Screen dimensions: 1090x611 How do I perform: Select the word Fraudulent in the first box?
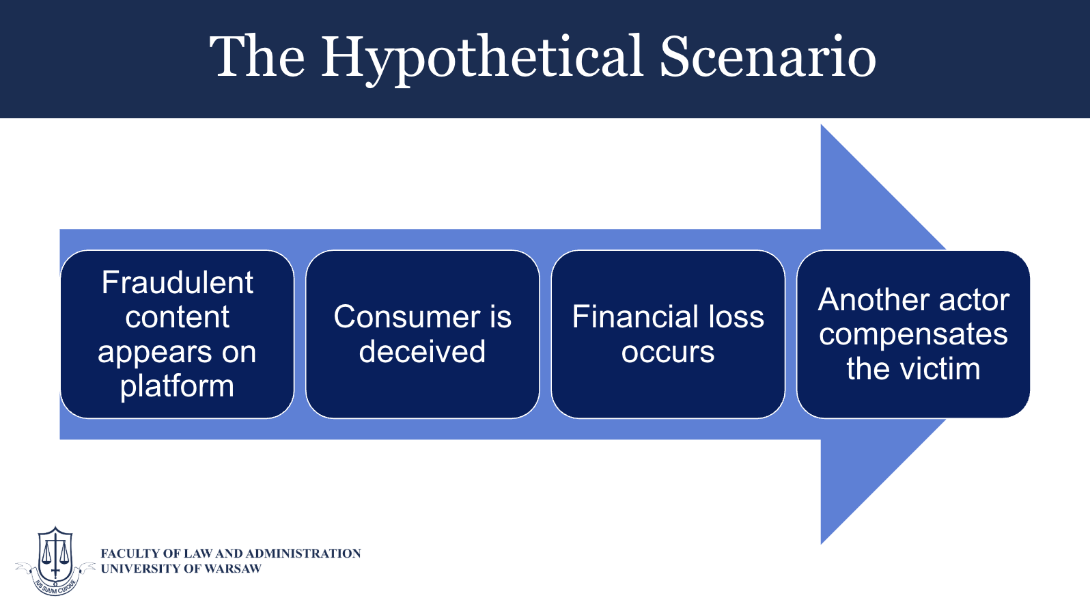tap(177, 282)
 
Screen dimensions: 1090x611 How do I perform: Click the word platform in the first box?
tap(177, 387)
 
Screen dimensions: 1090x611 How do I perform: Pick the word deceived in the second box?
tap(422, 351)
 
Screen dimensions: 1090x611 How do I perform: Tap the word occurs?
tap(668, 353)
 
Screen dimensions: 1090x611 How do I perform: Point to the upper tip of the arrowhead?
tap(822, 124)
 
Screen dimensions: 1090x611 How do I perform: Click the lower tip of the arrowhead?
tap(822, 544)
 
